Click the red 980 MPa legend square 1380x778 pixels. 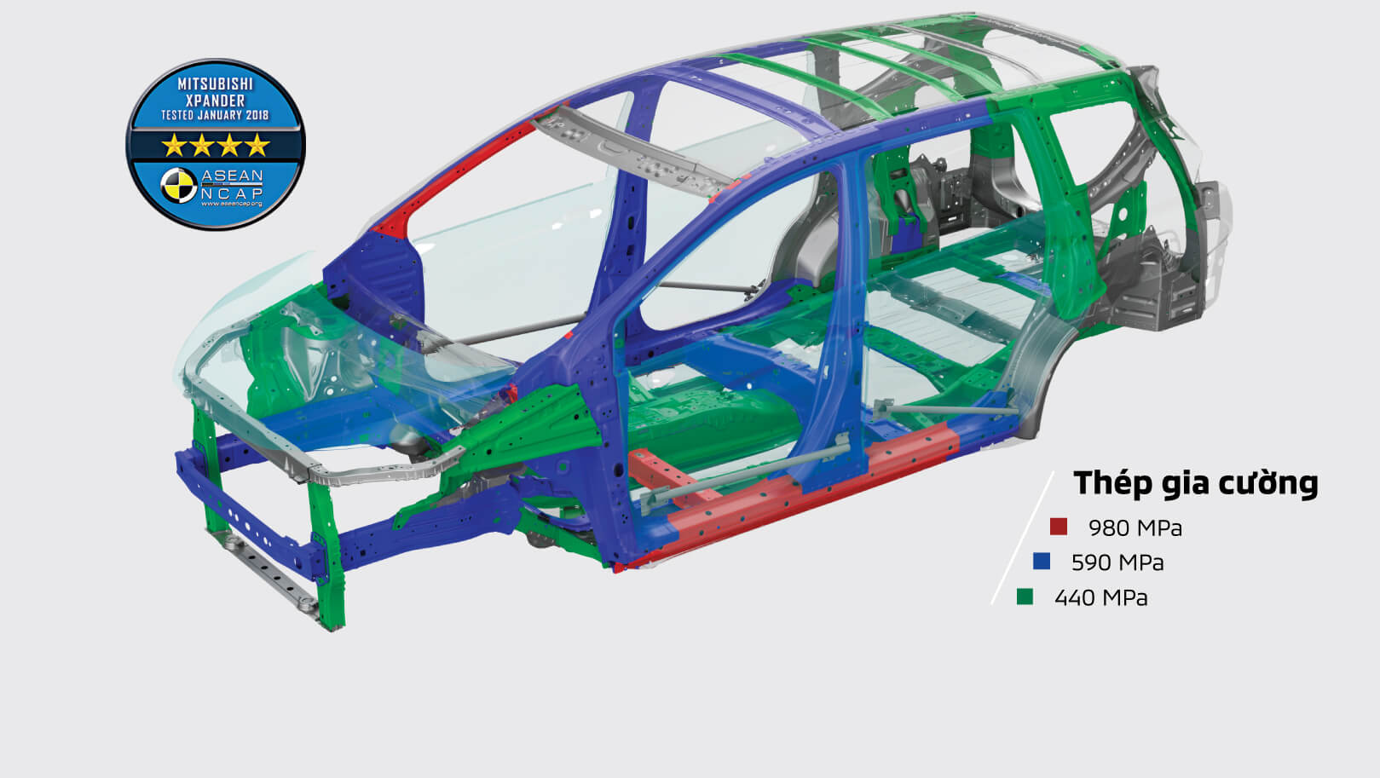point(1059,527)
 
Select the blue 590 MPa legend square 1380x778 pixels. point(1041,562)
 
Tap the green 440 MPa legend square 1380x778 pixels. point(1025,596)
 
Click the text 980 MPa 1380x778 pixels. point(1135,528)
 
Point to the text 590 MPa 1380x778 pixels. point(1117,562)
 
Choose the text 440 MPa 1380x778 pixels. point(1101,597)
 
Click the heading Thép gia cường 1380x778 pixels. point(1196,483)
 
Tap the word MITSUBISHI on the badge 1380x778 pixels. point(215,84)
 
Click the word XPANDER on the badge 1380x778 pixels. point(215,101)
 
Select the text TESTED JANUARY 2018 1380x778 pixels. point(215,115)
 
